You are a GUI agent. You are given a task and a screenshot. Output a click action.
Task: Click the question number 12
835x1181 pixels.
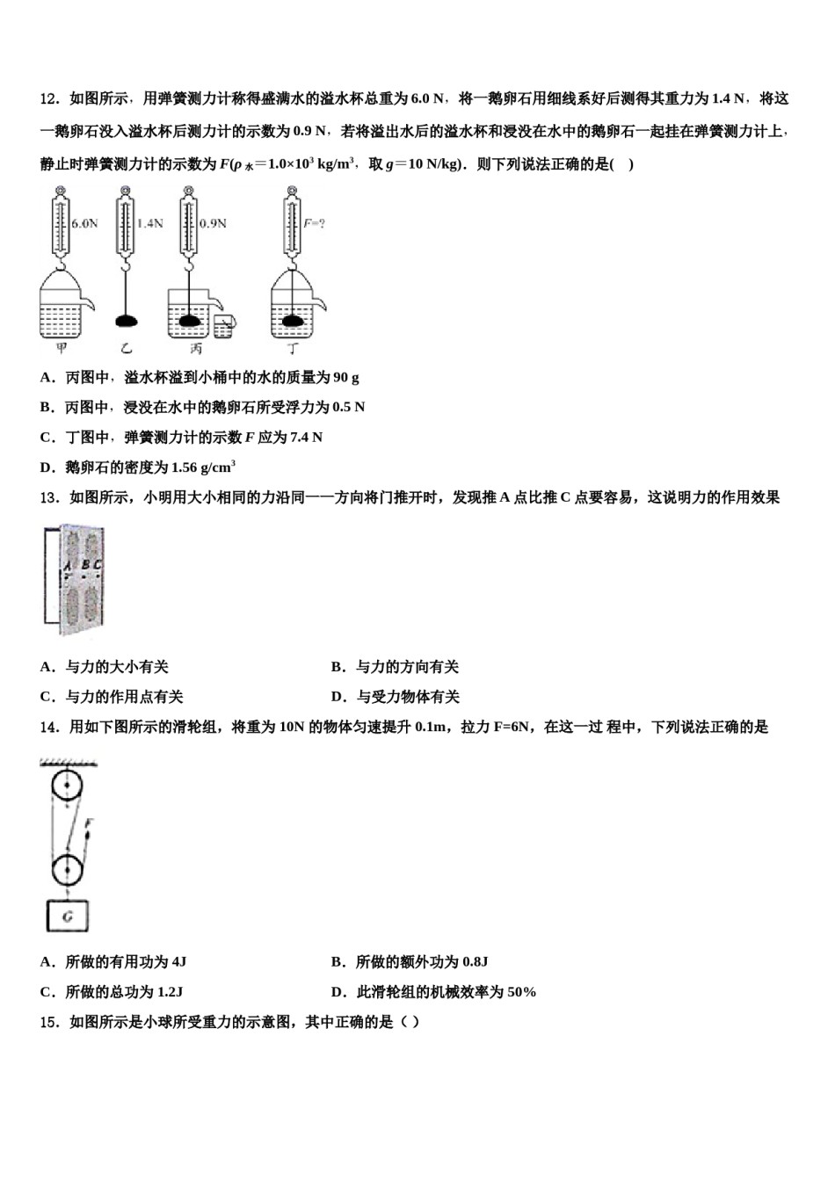48,98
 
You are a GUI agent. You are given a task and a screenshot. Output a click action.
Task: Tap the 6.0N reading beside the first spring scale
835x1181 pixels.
84,223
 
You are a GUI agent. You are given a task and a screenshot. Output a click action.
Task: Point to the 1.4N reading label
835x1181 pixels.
149,223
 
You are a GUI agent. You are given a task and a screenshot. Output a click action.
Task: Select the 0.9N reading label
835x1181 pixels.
213,223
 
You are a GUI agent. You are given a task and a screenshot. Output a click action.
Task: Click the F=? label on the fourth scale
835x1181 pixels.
314,223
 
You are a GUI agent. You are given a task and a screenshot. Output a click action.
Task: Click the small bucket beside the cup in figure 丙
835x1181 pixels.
224,326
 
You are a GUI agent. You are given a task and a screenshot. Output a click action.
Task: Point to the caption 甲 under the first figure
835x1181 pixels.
61,350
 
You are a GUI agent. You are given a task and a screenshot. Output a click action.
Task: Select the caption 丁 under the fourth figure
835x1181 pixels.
294,350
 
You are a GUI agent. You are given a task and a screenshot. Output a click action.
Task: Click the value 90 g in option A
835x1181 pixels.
345,378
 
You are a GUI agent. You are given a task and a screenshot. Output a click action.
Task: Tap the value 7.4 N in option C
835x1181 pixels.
306,438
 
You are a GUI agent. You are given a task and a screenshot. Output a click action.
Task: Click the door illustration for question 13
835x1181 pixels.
74,581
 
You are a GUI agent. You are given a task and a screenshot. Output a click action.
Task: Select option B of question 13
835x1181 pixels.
395,667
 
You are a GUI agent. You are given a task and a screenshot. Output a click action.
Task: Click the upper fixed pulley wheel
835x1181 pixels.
67,786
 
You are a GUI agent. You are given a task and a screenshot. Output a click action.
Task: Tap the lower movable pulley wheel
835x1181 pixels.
67,871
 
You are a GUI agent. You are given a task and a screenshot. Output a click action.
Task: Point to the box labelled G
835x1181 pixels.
68,917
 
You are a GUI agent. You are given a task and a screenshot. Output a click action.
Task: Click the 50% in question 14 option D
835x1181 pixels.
521,992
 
